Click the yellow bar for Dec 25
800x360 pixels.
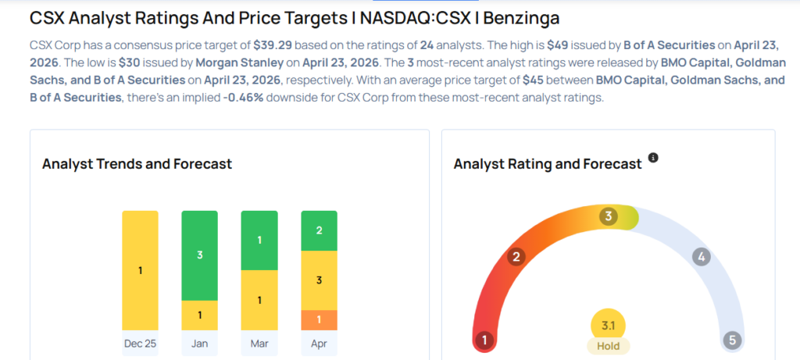pos(140,270)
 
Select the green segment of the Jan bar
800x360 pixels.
pos(199,255)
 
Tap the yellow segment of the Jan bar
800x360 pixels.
pos(199,315)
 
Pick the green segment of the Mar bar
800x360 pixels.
pos(259,241)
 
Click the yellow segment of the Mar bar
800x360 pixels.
pos(259,300)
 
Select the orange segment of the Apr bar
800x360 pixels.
pos(319,319)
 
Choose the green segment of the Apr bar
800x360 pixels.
pos(319,230)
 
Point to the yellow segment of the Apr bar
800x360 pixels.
pos(319,280)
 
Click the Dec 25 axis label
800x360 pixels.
pos(140,344)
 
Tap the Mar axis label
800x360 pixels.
pos(259,344)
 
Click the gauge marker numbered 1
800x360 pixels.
pos(485,340)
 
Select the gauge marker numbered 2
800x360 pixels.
pos(516,256)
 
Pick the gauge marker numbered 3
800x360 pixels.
pos(608,216)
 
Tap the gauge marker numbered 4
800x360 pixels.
pos(702,256)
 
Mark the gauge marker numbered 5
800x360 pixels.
pos(731,340)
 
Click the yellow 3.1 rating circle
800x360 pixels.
pos(609,325)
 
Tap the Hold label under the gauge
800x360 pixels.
pos(609,346)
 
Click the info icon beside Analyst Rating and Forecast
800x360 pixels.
pos(653,158)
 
